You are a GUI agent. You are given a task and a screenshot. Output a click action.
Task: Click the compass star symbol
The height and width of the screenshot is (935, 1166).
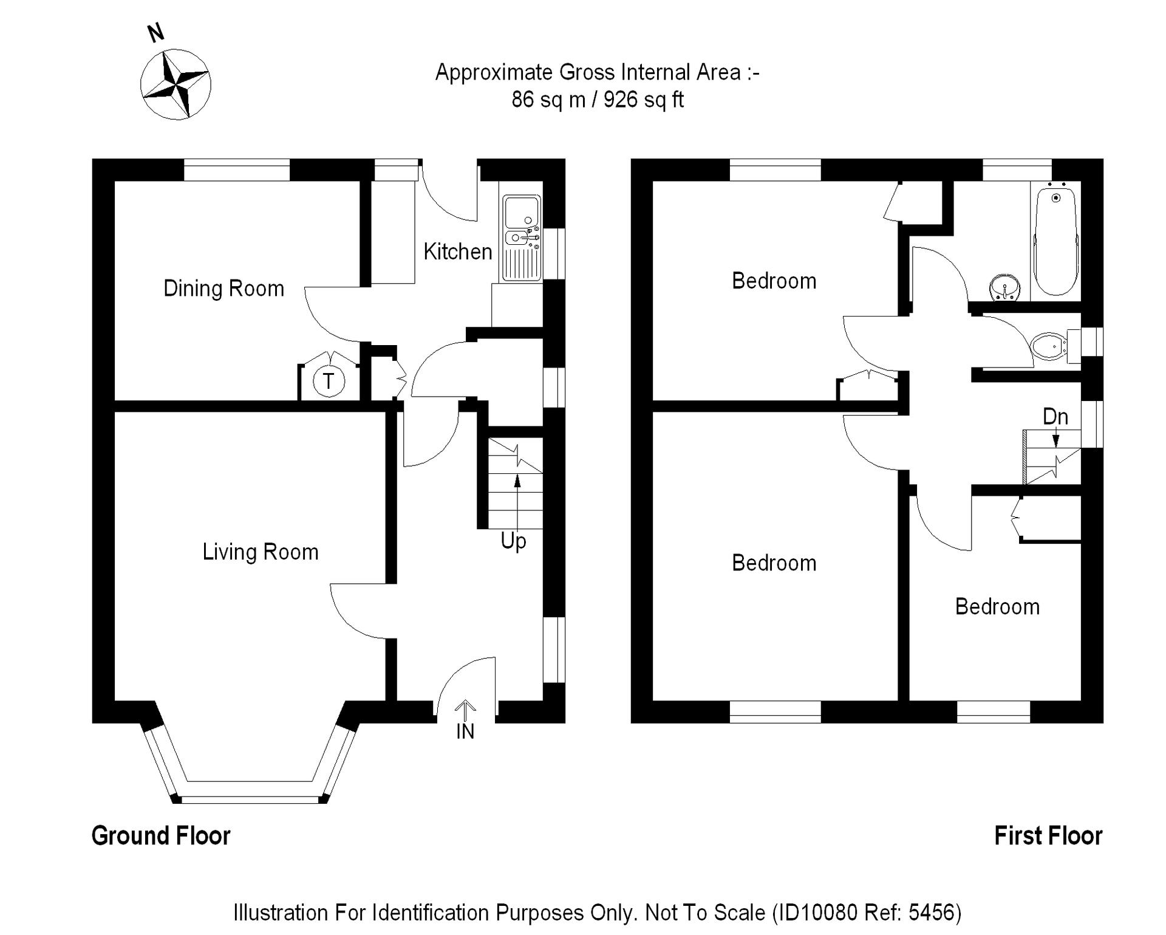(176, 84)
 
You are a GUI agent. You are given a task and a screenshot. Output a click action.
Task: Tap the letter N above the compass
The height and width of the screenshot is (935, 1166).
(156, 32)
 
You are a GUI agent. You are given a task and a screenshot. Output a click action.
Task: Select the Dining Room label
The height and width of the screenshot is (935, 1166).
(223, 289)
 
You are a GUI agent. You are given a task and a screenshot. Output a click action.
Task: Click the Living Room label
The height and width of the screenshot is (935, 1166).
(260, 552)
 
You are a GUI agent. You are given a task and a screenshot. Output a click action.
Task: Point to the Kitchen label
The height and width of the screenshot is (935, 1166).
(457, 252)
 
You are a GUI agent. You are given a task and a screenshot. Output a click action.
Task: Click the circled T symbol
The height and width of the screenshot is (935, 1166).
(329, 382)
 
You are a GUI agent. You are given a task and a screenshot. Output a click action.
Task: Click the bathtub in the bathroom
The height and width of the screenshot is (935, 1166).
(1055, 241)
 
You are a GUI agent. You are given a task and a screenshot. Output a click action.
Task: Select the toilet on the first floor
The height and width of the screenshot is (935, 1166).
(1049, 347)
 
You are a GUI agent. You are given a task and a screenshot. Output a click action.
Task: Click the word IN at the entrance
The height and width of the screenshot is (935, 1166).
(465, 732)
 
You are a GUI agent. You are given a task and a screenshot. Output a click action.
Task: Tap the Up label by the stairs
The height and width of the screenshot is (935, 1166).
(513, 541)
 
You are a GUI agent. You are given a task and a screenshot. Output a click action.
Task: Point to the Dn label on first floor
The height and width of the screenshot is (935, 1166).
(1055, 417)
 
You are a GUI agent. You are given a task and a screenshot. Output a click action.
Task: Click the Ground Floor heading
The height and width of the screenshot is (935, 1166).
(161, 836)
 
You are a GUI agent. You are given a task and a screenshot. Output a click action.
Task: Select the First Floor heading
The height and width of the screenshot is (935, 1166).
(1048, 836)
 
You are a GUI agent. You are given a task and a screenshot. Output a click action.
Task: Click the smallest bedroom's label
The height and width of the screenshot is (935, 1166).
(997, 607)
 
